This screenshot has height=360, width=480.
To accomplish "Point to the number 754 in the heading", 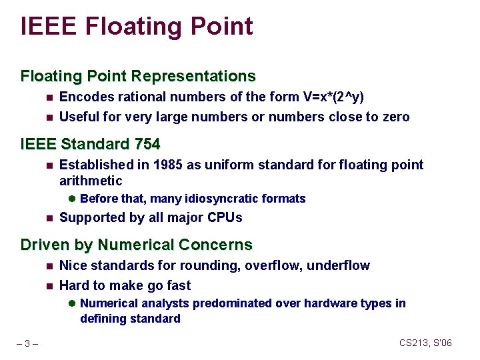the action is [147, 144].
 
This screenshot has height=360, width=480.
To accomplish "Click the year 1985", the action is [167, 165].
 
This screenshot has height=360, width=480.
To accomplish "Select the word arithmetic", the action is [91, 181].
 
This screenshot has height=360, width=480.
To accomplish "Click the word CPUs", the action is [225, 217].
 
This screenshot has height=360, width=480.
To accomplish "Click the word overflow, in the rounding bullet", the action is [273, 265].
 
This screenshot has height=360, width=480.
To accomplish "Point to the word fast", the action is [177, 285].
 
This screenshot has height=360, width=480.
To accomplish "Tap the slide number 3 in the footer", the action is [27, 344].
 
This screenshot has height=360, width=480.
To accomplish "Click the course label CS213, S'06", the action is [425, 343].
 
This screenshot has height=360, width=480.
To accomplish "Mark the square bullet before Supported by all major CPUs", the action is [49, 218].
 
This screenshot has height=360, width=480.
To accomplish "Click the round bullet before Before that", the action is [72, 199].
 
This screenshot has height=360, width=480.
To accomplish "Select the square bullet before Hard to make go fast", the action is [49, 286].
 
